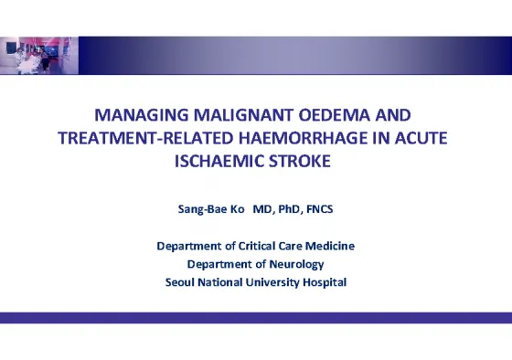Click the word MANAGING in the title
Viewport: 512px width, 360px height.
tap(142, 115)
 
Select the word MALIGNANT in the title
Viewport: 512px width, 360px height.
tap(243, 115)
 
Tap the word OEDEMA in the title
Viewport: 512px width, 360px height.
tap(334, 115)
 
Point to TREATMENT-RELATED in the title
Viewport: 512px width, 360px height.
tap(145, 138)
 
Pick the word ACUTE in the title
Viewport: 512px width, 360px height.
tap(421, 138)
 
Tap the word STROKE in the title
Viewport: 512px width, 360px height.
tap(300, 161)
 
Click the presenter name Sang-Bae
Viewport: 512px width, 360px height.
tap(202, 209)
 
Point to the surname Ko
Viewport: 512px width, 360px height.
tap(238, 209)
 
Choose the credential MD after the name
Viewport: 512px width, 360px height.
tap(263, 209)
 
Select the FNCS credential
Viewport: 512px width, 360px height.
tap(320, 209)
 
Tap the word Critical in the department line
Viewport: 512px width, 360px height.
tap(257, 246)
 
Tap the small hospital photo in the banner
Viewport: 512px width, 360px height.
tap(39, 56)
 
